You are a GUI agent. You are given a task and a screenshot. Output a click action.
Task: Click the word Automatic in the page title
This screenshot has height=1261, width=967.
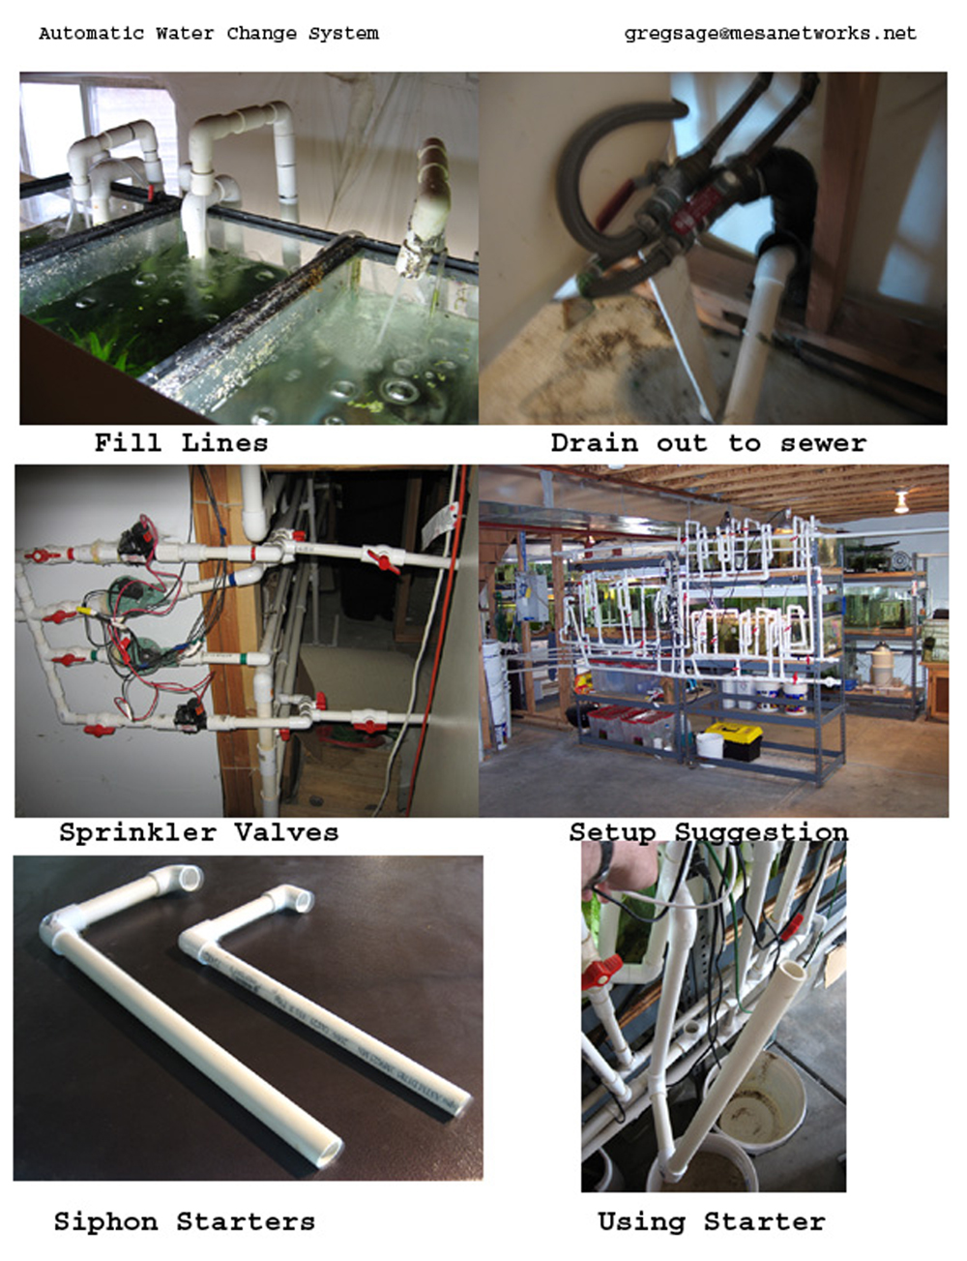coord(91,34)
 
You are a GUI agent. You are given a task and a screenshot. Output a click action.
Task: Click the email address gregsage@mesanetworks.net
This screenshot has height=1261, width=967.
coord(770,33)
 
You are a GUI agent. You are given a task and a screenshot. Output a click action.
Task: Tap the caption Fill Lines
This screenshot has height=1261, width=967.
coord(181,443)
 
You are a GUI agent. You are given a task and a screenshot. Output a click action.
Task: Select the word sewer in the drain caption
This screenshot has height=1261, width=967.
coord(823,443)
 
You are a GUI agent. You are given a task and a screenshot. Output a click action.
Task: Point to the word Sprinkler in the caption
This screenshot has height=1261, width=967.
coord(137,832)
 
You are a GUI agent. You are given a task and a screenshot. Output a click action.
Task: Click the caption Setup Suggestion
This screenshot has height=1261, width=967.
coord(708,832)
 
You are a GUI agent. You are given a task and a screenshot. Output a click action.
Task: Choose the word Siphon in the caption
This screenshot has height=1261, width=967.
coord(105,1221)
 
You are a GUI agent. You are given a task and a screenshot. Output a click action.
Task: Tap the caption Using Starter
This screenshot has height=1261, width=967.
coord(711,1221)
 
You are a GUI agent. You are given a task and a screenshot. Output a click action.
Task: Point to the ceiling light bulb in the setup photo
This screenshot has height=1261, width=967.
coord(901,503)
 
